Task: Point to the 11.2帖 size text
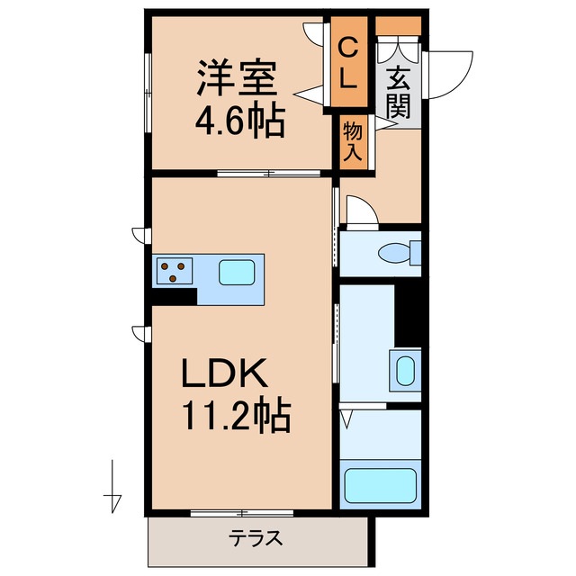tap(237, 415)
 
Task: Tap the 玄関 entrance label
tap(399, 93)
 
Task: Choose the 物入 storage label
tap(352, 141)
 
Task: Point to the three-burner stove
tap(174, 268)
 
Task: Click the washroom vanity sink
tap(405, 369)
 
